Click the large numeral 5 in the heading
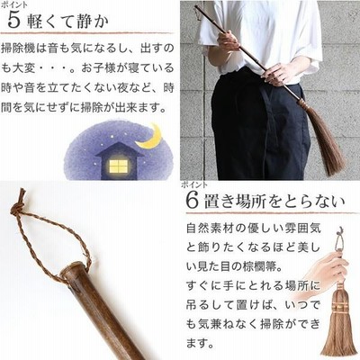(13, 21)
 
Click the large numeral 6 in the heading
(193, 200)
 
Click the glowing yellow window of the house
(119, 166)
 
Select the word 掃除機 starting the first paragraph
(18, 49)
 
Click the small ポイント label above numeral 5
(14, 4)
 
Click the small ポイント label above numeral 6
(194, 184)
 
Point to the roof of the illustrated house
(120, 149)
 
